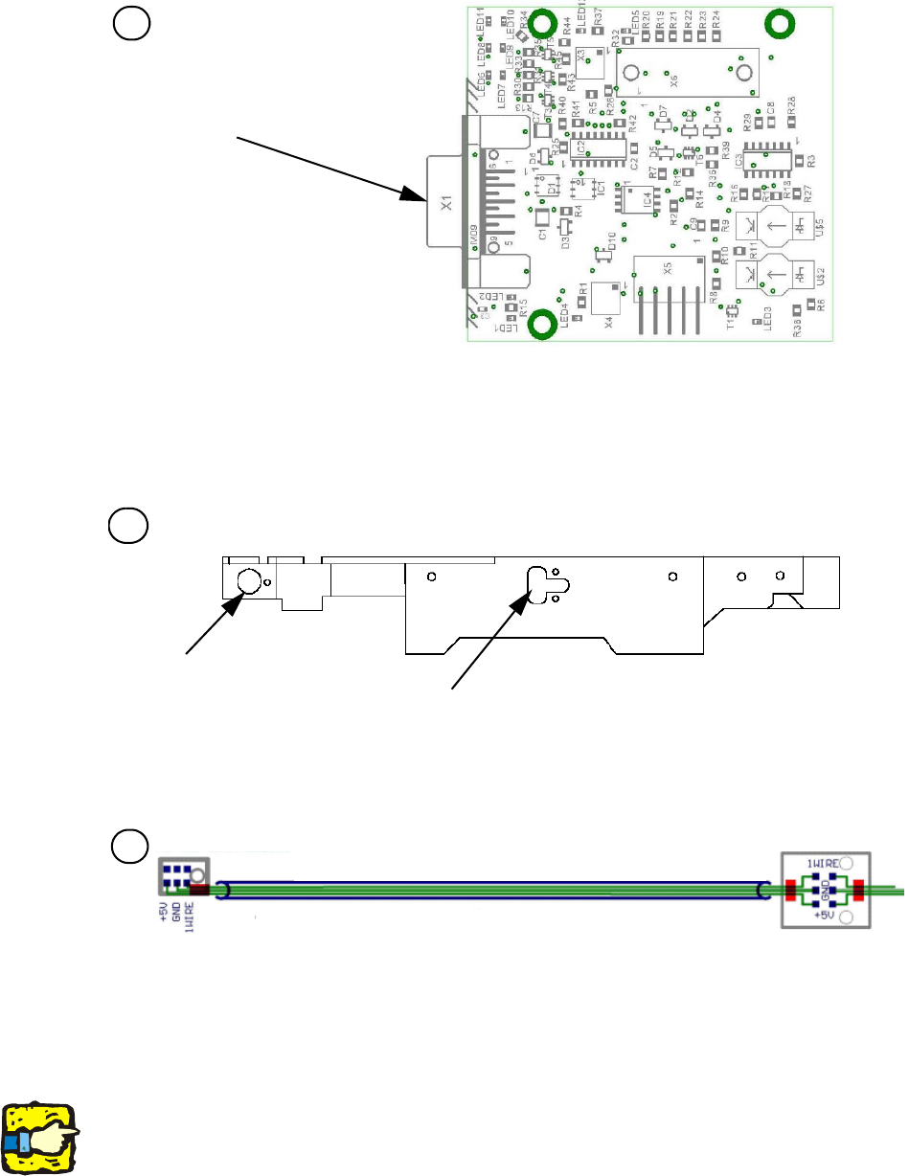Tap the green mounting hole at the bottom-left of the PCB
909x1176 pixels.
[544, 325]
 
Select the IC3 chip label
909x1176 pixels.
[739, 162]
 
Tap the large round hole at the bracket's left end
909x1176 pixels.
[247, 580]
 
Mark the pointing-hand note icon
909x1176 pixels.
[40, 1137]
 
